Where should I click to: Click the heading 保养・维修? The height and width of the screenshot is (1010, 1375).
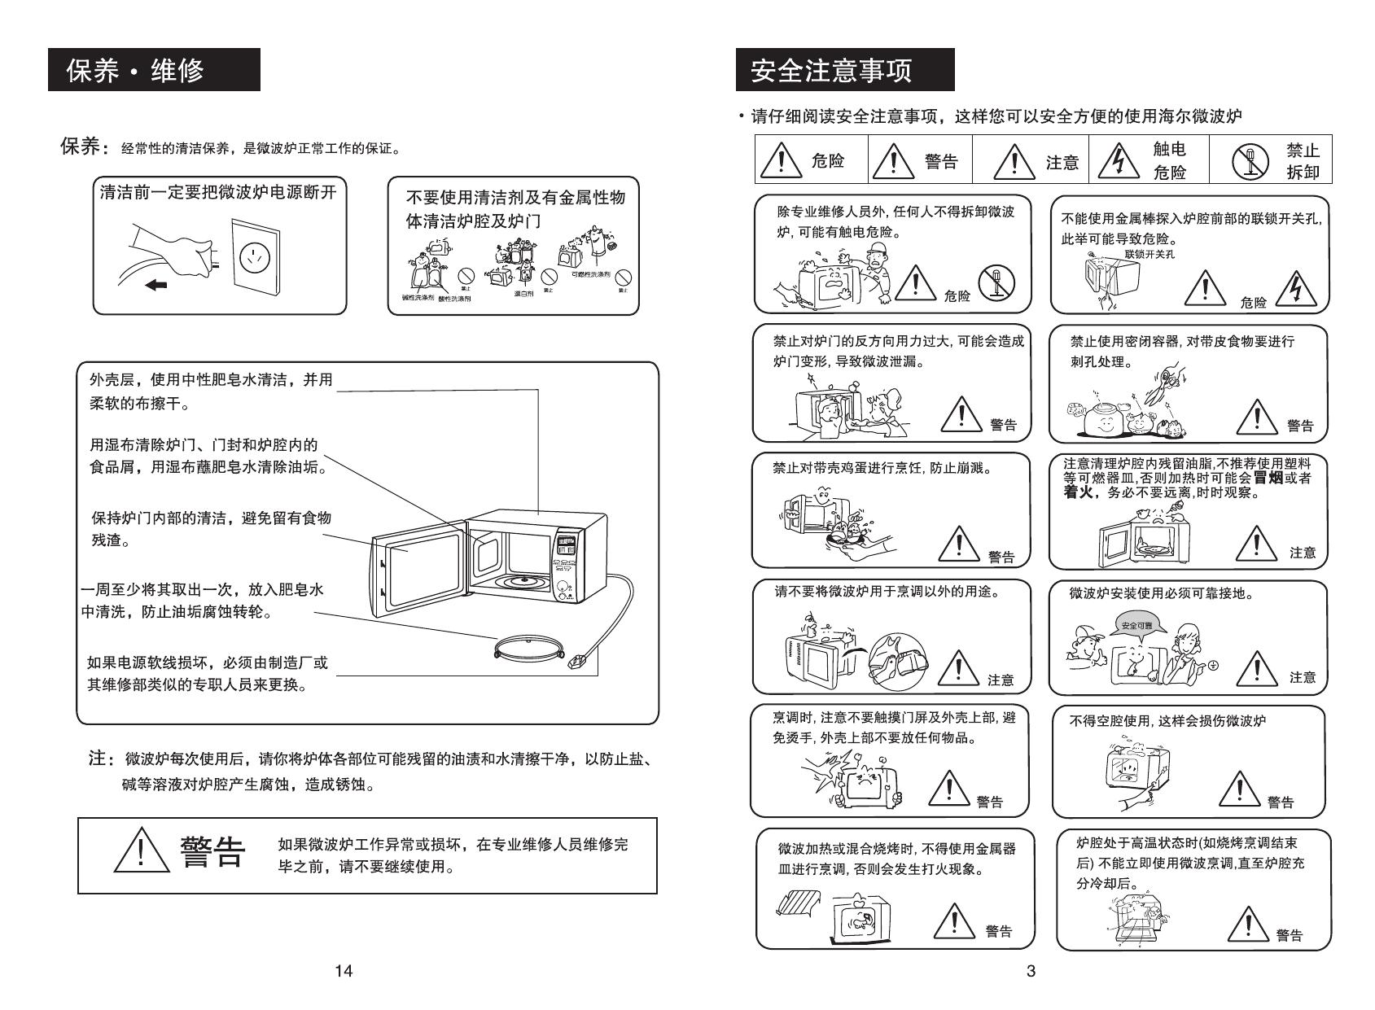click(135, 71)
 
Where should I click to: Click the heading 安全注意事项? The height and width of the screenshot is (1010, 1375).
click(831, 71)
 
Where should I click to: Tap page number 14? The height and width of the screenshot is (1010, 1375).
click(344, 970)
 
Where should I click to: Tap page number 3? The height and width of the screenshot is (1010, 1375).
click(1031, 970)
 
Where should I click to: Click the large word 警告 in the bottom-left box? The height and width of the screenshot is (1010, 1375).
click(212, 852)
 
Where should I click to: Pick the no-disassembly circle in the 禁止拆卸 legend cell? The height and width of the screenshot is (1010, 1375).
click(1246, 161)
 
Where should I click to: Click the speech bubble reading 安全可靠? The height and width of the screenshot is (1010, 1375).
click(1136, 626)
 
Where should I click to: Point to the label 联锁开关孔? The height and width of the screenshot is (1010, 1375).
click(1149, 254)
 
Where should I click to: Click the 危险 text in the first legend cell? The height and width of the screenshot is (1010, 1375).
click(828, 161)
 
